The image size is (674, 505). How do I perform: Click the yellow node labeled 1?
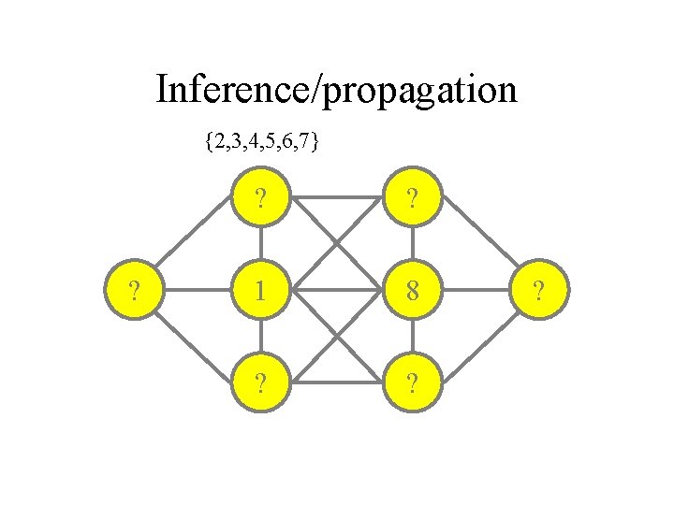coord(259,290)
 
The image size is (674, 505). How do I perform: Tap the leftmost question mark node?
coord(137,290)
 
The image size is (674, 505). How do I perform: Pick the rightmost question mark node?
coord(537,290)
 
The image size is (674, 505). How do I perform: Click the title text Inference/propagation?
coord(336,91)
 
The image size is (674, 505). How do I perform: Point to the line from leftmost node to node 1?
coord(198,290)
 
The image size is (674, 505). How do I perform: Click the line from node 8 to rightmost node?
coord(476,290)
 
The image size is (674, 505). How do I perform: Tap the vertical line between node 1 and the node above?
coord(259,245)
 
